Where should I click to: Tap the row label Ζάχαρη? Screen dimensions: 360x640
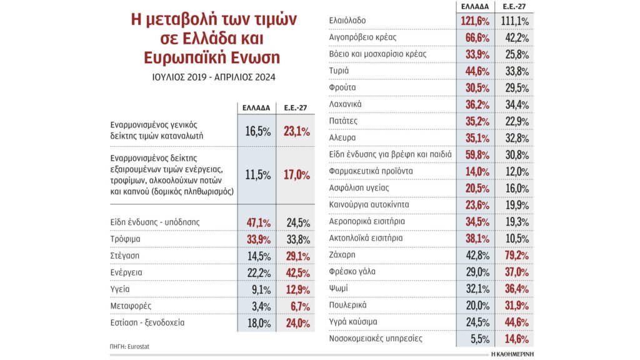click(x=342, y=255)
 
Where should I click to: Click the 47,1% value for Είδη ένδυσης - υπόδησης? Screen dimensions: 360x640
click(x=256, y=222)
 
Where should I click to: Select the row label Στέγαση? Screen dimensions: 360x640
click(x=125, y=256)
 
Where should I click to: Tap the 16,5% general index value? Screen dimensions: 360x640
click(x=256, y=131)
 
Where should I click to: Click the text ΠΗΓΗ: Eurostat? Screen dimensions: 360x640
click(x=125, y=346)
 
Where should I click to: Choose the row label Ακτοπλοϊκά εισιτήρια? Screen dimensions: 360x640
click(x=366, y=238)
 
